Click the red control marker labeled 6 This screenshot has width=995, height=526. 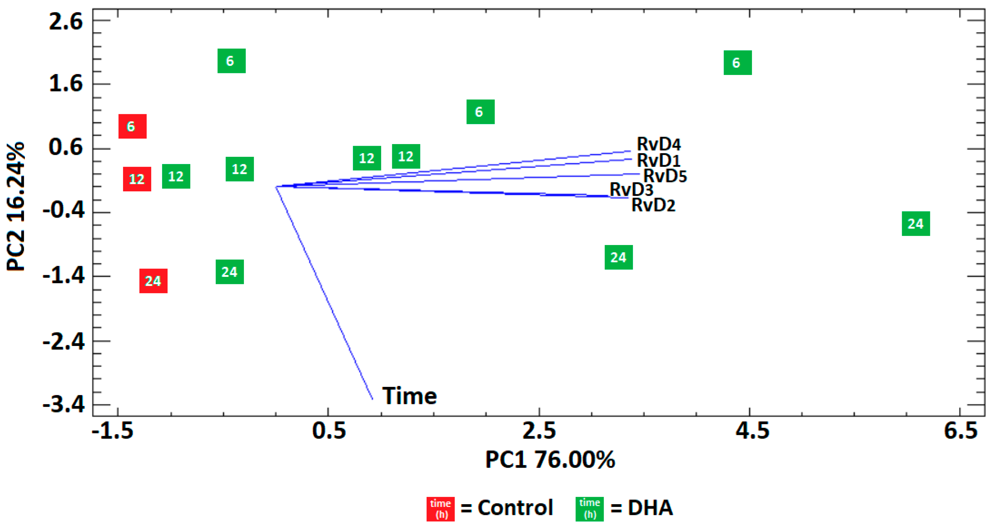[132, 126]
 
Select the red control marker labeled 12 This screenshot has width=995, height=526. [137, 179]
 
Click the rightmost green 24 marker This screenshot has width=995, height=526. [915, 224]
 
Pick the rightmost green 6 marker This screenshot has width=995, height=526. [737, 63]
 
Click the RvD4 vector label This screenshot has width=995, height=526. [658, 144]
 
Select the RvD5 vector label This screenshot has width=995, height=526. [665, 176]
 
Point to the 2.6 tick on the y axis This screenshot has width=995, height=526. [66, 21]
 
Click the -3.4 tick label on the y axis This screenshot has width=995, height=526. [64, 405]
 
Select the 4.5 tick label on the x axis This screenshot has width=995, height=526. [752, 431]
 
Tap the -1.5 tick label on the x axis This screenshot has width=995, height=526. [112, 431]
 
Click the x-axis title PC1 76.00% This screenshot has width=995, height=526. [550, 460]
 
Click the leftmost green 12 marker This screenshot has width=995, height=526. [176, 176]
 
